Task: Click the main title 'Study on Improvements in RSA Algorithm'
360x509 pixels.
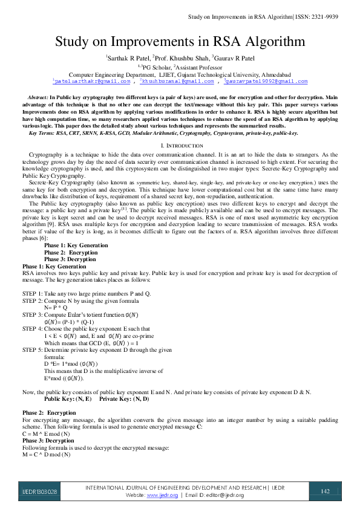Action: [180, 42]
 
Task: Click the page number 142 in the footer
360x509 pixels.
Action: [325, 491]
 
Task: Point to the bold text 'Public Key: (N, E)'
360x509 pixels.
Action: [68, 400]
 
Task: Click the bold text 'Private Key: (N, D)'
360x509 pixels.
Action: [124, 400]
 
